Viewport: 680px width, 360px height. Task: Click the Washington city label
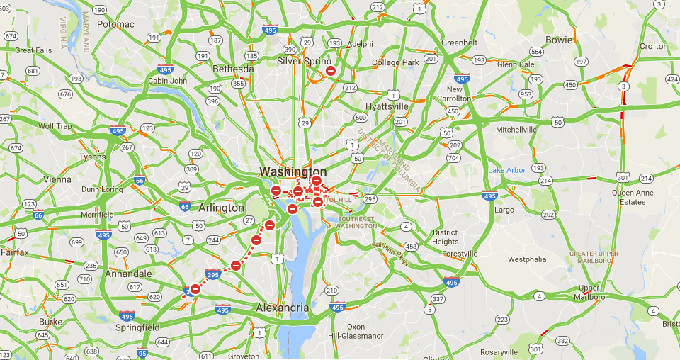[x=293, y=171]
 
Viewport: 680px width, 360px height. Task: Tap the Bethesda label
[x=233, y=69]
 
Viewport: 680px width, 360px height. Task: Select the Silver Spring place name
[x=304, y=61]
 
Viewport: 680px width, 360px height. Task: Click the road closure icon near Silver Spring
[x=330, y=70]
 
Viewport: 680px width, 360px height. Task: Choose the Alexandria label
[x=282, y=308]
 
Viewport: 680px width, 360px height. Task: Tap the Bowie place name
[x=559, y=40]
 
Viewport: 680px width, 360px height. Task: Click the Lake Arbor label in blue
[x=506, y=170]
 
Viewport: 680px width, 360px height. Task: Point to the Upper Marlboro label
[x=589, y=293]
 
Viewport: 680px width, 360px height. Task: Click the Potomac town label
[x=115, y=24]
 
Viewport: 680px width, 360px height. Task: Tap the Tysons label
[x=92, y=157]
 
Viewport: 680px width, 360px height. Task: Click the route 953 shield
[x=526, y=94]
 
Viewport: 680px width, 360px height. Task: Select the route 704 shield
[x=454, y=158]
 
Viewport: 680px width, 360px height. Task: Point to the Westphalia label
[x=528, y=259]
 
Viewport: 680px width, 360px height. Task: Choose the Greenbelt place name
[x=460, y=43]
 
